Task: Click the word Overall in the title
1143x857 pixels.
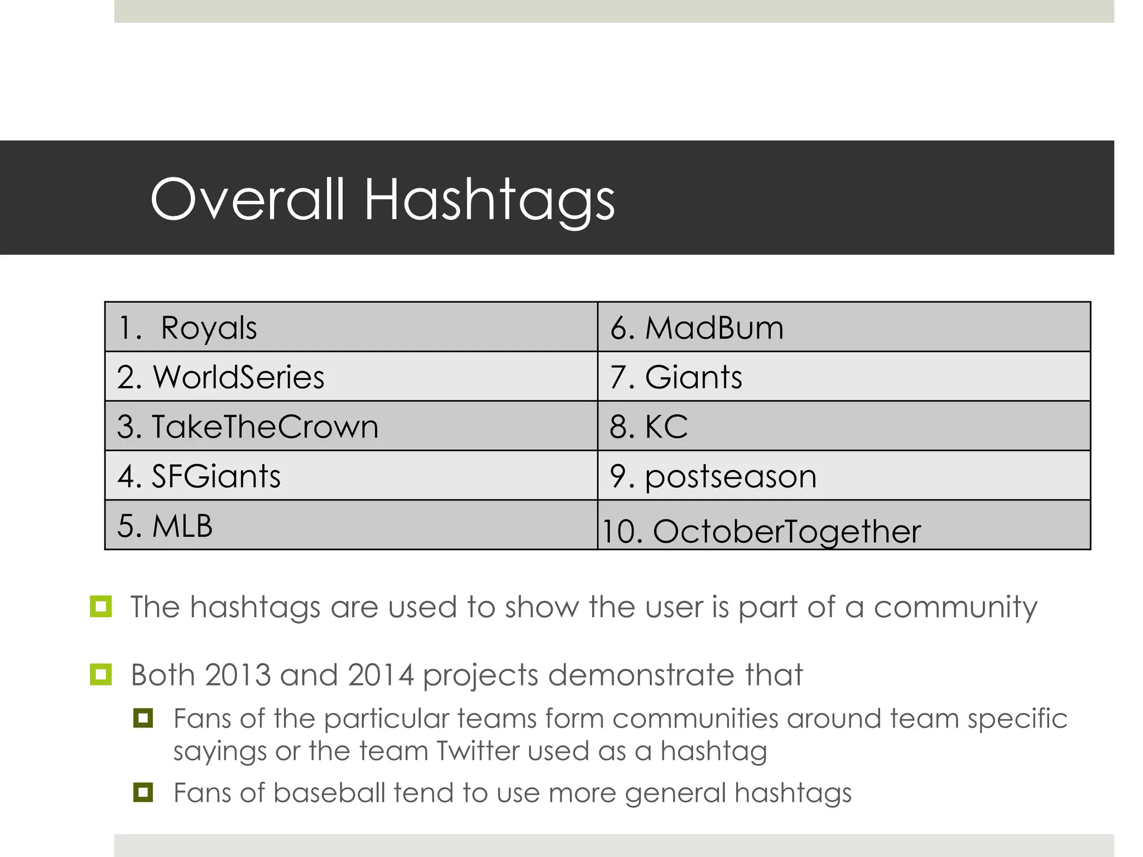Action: [x=247, y=199]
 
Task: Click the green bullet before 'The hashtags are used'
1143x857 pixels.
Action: [x=100, y=606]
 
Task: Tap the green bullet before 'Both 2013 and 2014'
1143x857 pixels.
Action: [x=100, y=675]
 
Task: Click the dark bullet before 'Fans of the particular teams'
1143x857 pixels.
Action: [x=143, y=718]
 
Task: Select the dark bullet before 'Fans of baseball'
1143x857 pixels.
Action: [x=143, y=792]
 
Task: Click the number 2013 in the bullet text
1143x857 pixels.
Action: [x=237, y=675]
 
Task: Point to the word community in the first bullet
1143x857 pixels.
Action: [x=955, y=607]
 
